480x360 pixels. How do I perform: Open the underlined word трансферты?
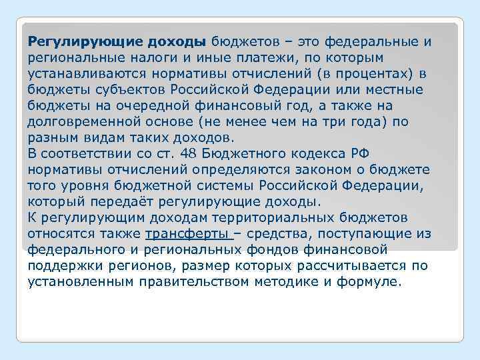click(x=185, y=234)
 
